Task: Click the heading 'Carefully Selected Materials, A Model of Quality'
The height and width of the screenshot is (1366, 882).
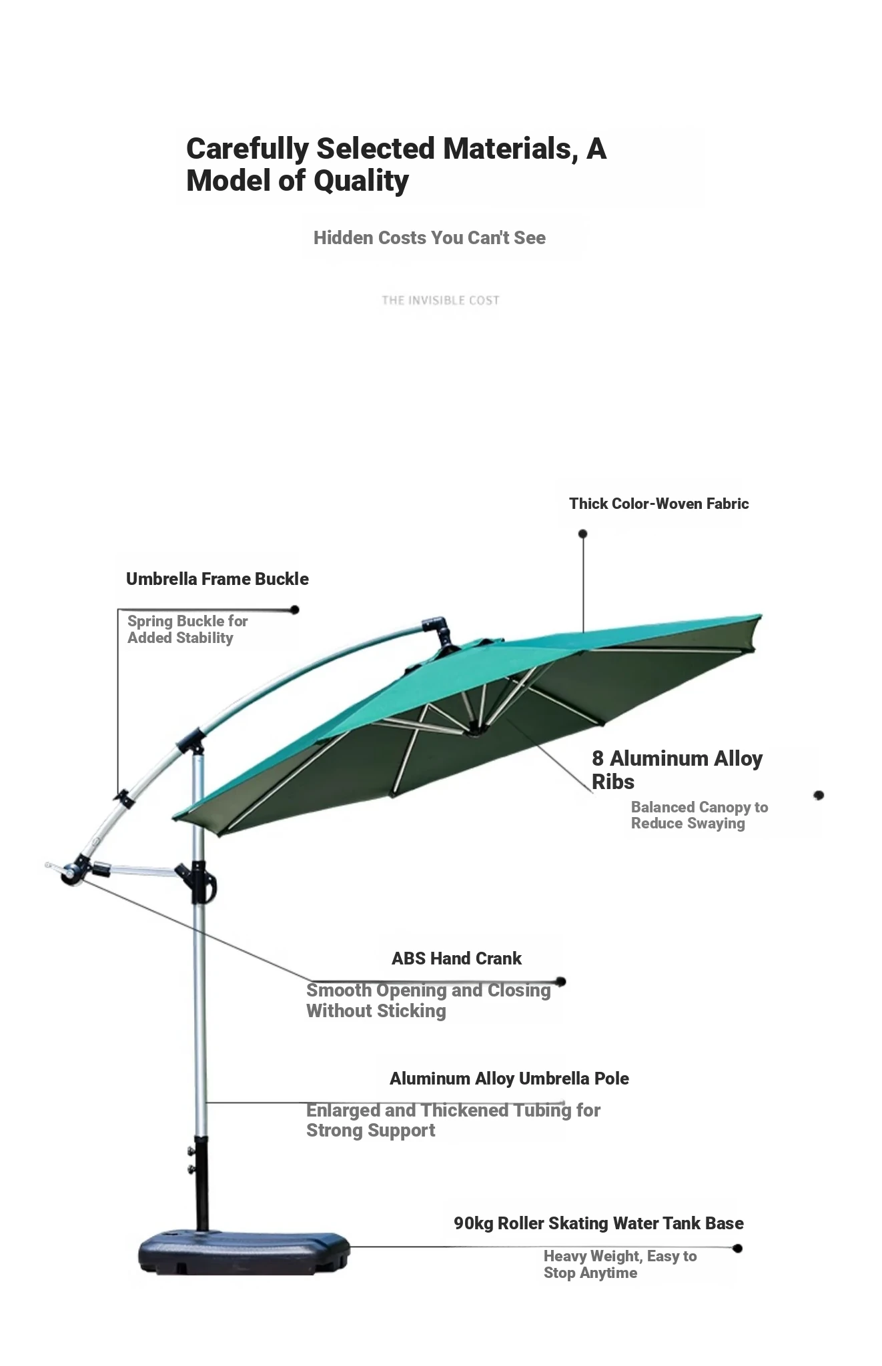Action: point(396,164)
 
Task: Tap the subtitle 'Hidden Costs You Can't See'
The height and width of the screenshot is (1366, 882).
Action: point(430,238)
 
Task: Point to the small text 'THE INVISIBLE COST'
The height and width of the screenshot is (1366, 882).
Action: point(440,300)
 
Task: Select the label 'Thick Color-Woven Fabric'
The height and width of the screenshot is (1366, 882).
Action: point(658,504)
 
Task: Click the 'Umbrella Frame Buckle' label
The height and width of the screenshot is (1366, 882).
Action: point(217,579)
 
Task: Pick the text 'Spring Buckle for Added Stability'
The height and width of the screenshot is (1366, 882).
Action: point(187,629)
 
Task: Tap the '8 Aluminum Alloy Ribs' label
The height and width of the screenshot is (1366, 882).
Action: point(677,770)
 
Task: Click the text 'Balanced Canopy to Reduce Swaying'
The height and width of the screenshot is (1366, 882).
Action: point(699,815)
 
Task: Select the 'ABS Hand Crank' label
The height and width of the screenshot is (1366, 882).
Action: point(456,958)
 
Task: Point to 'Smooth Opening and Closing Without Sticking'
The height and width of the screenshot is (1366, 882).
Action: point(428,1000)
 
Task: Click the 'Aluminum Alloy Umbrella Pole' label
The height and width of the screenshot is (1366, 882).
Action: point(509,1079)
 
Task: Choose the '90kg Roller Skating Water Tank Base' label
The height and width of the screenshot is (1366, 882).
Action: point(598,1223)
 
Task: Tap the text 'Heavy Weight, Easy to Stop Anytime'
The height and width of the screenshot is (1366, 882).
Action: point(620,1265)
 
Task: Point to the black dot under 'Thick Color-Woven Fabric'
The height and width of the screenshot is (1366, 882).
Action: point(582,534)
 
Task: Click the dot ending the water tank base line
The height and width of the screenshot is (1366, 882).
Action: point(737,1248)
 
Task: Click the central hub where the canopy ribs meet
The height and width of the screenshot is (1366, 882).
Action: point(474,730)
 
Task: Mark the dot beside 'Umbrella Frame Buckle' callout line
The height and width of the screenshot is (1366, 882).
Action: point(294,610)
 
